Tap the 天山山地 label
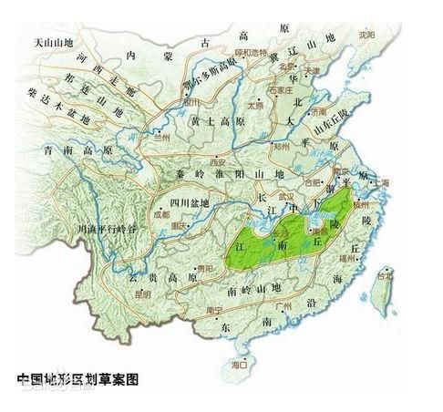(54, 43)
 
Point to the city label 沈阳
(366, 34)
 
